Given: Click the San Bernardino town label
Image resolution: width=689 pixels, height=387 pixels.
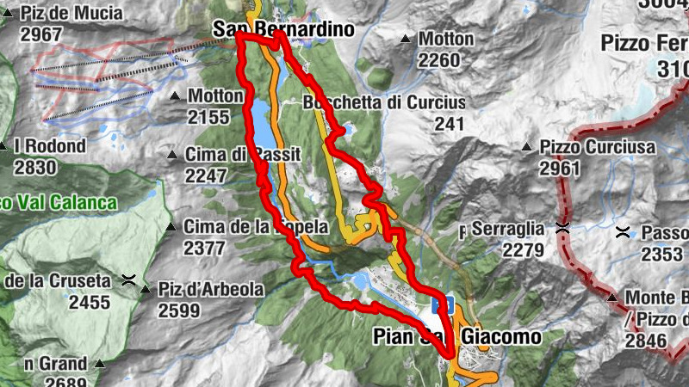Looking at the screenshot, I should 282,29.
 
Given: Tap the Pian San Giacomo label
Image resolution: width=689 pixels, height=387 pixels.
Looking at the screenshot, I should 456,335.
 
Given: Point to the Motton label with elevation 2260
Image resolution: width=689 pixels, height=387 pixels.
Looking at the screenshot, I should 446,40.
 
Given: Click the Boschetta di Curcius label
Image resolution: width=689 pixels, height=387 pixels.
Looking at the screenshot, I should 384,103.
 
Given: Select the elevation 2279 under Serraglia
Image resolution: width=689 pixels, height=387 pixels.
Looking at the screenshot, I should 523,250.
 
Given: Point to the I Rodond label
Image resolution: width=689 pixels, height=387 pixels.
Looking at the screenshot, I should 50,146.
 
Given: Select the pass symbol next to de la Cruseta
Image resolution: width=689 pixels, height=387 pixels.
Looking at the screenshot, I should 128,280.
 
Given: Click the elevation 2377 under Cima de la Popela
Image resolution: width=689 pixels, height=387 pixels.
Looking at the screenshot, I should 205,249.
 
